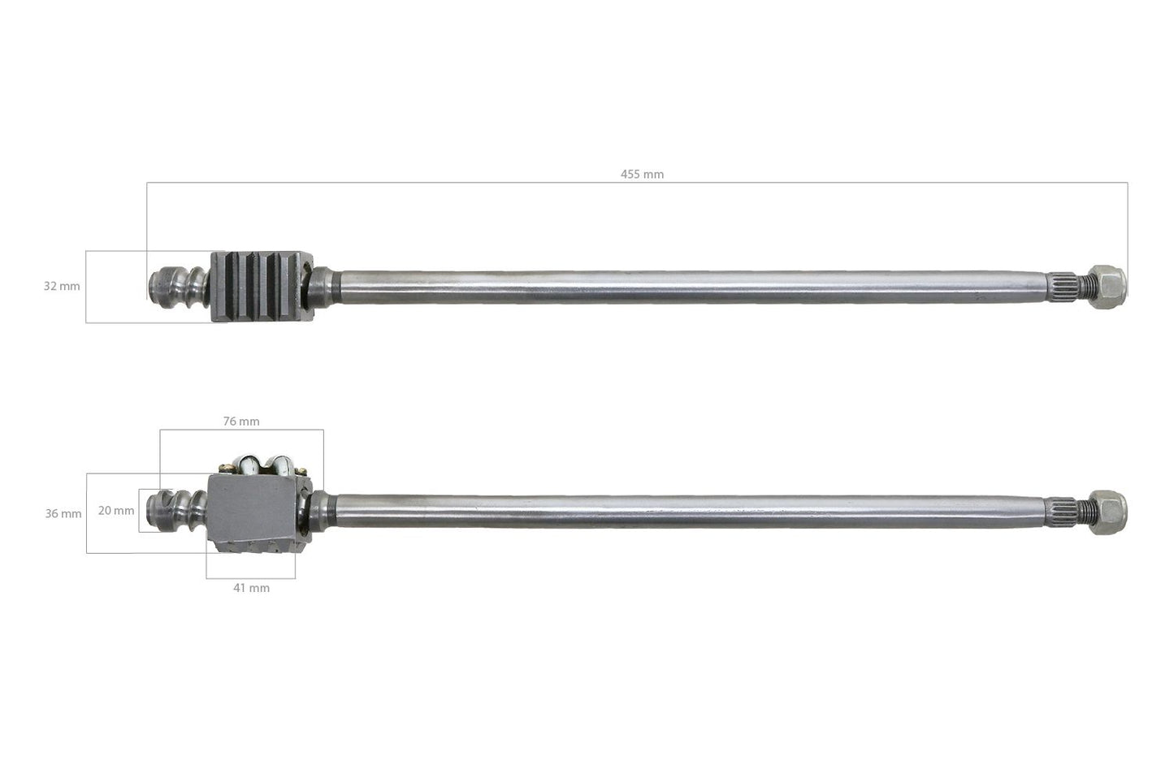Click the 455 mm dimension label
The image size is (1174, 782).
(x=642, y=175)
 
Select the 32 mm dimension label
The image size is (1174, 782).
(x=62, y=287)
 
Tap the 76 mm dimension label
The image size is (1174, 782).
(x=241, y=421)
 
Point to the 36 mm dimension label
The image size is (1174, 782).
(x=63, y=514)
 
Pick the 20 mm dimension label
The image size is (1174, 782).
(x=116, y=511)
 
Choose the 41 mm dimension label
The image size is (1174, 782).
(x=251, y=588)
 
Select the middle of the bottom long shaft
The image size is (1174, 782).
(x=691, y=509)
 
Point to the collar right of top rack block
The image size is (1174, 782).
(x=325, y=284)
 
